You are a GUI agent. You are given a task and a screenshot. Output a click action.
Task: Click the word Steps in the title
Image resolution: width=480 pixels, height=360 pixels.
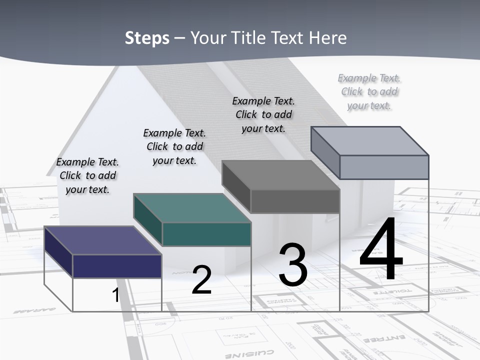(146, 38)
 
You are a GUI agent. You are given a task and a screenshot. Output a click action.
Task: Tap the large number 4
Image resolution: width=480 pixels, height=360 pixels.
(381, 250)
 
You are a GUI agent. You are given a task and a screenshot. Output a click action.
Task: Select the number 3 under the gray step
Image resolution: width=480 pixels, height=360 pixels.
(293, 265)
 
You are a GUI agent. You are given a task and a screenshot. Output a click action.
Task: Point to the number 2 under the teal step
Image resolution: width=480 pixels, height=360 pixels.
(201, 280)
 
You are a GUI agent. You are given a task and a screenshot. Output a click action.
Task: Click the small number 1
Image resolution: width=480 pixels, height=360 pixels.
(115, 295)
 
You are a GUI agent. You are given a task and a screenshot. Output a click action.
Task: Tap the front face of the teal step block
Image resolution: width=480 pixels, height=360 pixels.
(206, 234)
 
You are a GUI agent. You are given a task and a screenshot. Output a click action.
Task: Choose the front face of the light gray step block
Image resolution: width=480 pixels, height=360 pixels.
(384, 167)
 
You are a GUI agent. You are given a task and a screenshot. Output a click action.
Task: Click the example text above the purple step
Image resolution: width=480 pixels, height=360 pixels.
(87, 175)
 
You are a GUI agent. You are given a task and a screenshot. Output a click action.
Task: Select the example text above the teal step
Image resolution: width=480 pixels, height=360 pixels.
(174, 146)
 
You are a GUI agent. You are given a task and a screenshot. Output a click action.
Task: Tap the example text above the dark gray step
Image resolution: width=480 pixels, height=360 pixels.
(263, 114)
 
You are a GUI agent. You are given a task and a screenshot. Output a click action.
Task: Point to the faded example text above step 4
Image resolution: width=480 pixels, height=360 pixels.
(369, 91)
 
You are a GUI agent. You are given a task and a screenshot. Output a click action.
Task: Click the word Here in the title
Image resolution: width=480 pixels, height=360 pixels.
(327, 38)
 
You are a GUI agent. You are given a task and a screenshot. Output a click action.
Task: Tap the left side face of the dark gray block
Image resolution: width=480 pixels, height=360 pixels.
(236, 186)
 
